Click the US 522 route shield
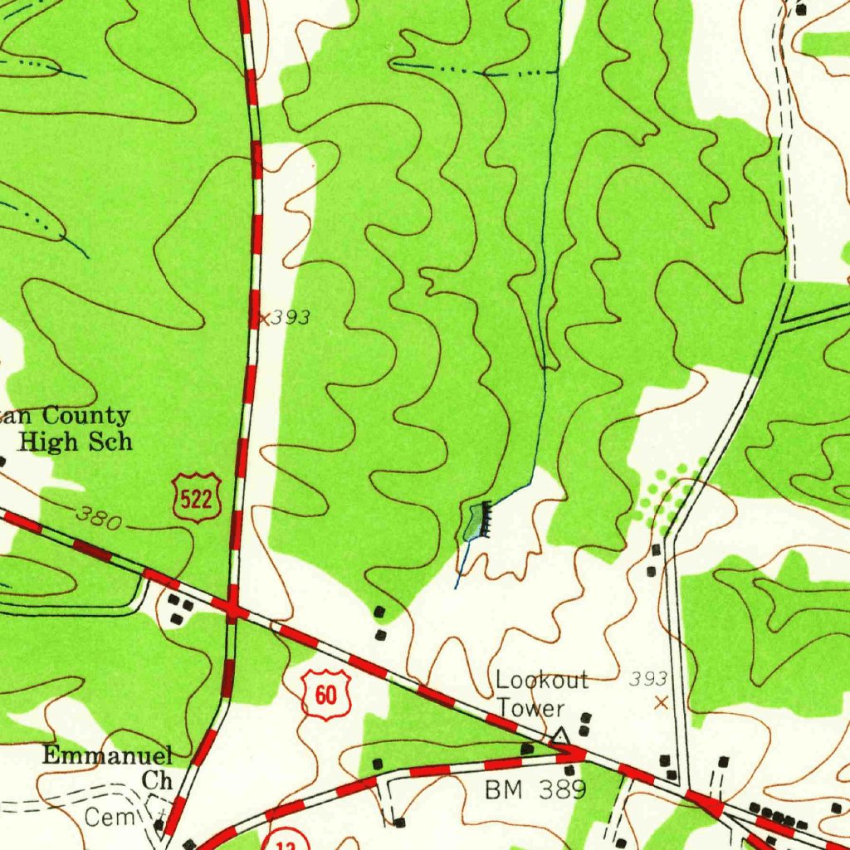[x=198, y=497]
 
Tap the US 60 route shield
[x=326, y=693]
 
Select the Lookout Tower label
[x=542, y=694]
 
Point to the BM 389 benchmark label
[x=535, y=790]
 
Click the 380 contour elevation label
[x=99, y=519]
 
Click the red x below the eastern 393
[x=661, y=703]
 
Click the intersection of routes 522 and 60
[x=232, y=613]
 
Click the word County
[x=85, y=415]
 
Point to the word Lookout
[x=542, y=681]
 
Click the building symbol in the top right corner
[x=801, y=9]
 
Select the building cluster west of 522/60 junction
[x=178, y=609]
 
